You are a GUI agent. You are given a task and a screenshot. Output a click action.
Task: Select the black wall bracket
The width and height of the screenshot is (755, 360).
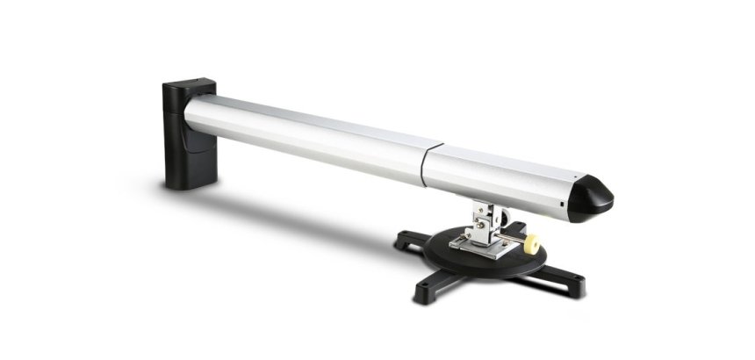(187, 136)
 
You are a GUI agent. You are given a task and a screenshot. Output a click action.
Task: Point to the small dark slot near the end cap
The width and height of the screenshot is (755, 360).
(556, 209)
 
